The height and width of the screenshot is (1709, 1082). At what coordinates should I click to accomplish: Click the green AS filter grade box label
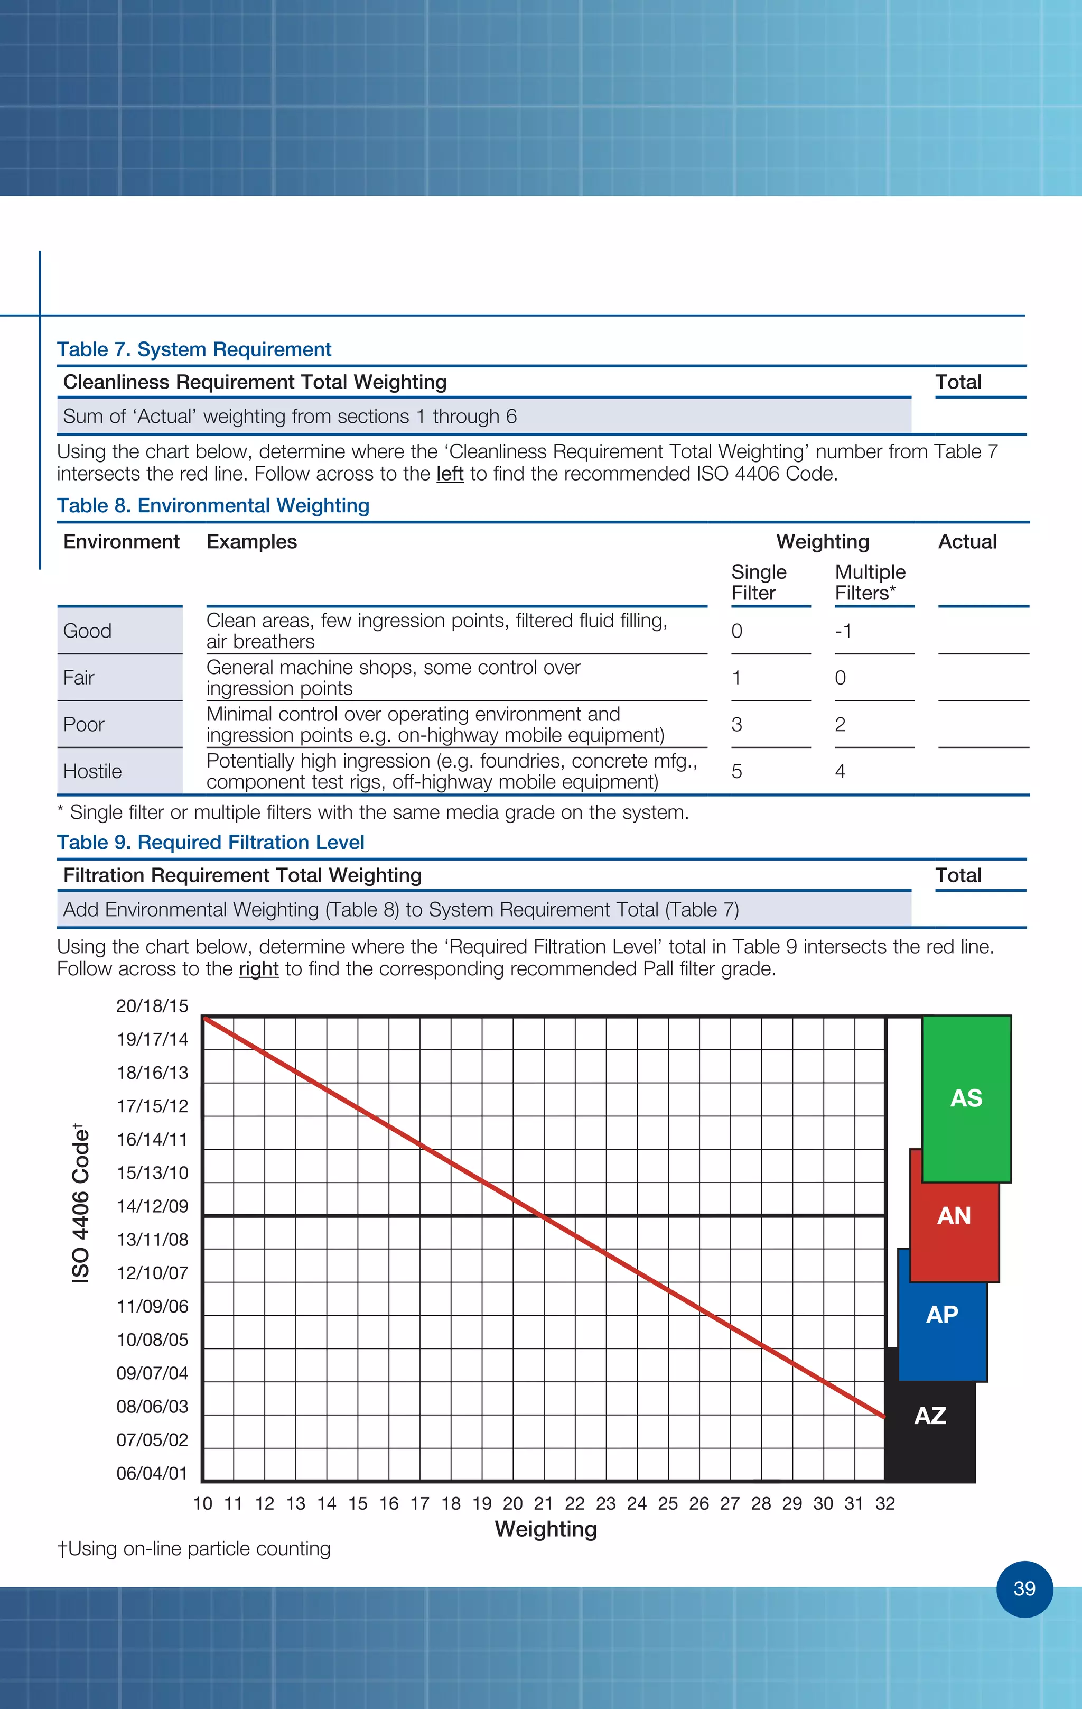click(x=966, y=1098)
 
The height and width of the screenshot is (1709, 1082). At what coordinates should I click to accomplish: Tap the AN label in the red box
click(x=954, y=1216)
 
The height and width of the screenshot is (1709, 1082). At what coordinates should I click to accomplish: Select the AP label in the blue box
click(x=941, y=1315)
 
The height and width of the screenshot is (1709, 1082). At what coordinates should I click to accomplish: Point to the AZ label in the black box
click(x=929, y=1415)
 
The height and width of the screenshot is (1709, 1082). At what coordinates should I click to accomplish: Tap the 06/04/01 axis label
click(x=152, y=1473)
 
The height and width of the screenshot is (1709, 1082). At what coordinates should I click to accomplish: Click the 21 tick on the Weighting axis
click(x=544, y=1503)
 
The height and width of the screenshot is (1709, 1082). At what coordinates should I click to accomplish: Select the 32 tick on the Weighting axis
click(x=885, y=1503)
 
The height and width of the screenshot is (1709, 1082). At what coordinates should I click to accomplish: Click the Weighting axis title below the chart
click(x=546, y=1529)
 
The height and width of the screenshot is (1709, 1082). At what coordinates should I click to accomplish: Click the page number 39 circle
click(x=1024, y=1588)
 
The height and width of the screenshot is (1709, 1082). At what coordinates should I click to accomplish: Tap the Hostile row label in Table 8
click(x=92, y=771)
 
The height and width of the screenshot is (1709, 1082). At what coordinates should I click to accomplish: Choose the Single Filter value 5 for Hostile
click(x=736, y=771)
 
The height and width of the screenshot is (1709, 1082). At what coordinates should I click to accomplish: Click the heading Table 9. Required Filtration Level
click(x=210, y=843)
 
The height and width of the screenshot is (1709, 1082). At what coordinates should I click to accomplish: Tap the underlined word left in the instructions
click(x=449, y=474)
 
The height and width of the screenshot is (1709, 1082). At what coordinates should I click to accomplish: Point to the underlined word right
click(x=258, y=969)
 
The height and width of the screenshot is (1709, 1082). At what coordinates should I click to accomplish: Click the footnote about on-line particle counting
click(x=194, y=1549)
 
